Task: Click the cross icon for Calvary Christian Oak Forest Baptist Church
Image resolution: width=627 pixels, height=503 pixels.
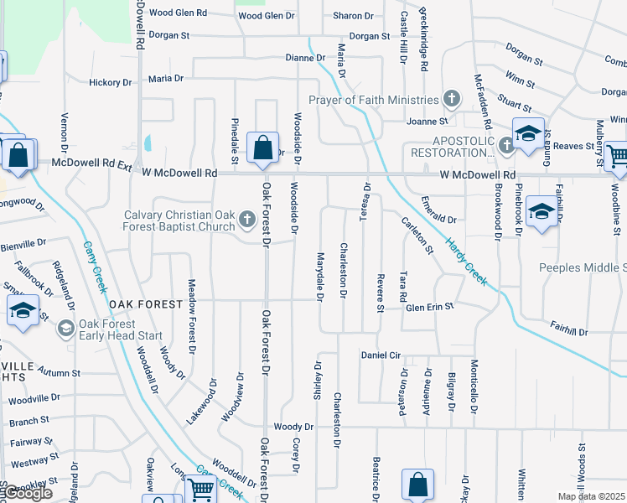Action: [x=246, y=220]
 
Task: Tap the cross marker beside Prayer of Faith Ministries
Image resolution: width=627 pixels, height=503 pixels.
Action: [x=452, y=100]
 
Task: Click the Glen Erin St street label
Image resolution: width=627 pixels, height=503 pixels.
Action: [x=429, y=308]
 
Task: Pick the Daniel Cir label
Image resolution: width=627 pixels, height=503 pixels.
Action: [x=381, y=355]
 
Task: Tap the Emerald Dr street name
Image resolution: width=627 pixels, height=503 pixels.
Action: [x=438, y=220]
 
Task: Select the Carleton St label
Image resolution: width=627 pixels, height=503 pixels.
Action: [x=417, y=236]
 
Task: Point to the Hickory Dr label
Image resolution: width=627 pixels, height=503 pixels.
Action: [x=111, y=82]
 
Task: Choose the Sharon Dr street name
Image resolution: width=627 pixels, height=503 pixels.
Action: [x=352, y=16]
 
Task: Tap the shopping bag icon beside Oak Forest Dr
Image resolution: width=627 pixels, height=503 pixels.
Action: [x=263, y=148]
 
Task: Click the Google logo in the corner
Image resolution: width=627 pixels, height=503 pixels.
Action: [x=28, y=493]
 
